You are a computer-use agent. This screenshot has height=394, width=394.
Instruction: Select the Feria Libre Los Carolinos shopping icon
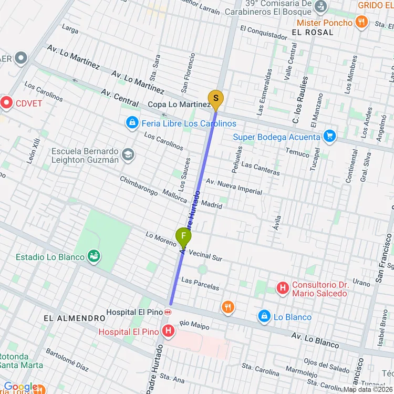coord(132,123)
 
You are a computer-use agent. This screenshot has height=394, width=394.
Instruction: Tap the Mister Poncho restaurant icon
coord(361,22)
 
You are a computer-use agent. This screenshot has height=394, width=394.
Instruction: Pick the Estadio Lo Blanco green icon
coord(95,256)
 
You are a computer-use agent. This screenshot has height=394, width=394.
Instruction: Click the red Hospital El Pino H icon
coord(168,331)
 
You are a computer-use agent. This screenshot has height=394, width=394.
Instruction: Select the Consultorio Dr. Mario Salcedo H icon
coord(283,288)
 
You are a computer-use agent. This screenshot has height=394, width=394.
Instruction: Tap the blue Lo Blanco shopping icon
coord(264,316)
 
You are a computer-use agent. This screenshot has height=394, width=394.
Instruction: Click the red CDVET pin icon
coord(7,102)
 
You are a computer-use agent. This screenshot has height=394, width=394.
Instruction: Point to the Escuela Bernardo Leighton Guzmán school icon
coord(128,155)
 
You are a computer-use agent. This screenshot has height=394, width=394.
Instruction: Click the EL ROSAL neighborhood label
coord(312,32)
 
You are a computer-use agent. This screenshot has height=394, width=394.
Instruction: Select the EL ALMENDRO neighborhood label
coord(74,318)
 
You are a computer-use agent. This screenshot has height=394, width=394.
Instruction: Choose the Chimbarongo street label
coord(139,185)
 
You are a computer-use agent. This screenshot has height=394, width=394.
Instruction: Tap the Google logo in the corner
coord(20,387)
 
